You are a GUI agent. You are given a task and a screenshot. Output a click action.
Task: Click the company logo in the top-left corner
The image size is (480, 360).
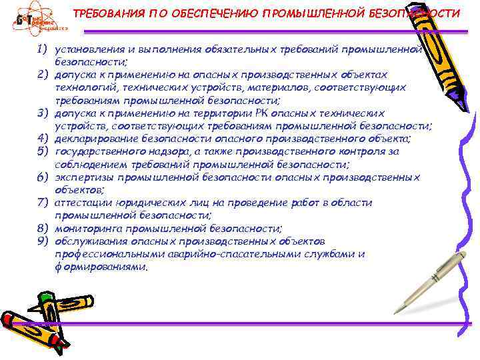[39, 20]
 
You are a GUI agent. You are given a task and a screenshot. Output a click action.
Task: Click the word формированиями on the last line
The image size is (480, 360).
[100, 266]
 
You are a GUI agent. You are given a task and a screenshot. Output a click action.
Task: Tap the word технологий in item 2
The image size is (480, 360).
[84, 87]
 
